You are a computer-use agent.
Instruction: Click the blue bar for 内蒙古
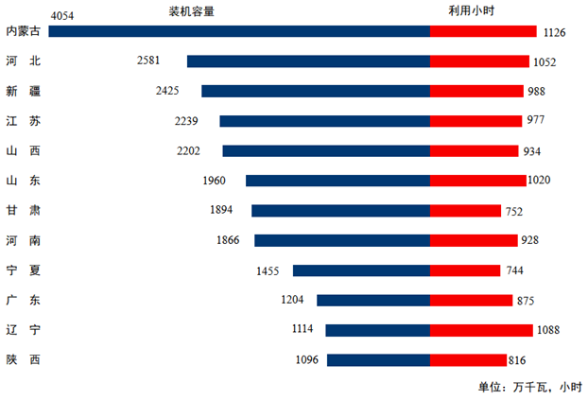pyautogui.click(x=239, y=31)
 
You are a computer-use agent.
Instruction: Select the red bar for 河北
pyautogui.click(x=479, y=61)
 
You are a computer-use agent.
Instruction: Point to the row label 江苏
pyautogui.click(x=23, y=121)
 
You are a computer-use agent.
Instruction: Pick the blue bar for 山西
pyautogui.click(x=326, y=150)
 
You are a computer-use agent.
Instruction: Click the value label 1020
pyautogui.click(x=539, y=180)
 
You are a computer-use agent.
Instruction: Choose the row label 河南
pyautogui.click(x=23, y=240)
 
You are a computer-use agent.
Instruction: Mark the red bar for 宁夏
pyautogui.click(x=465, y=270)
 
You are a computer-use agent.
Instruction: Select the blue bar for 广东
pyautogui.click(x=373, y=300)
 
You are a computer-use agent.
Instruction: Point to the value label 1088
pyautogui.click(x=547, y=330)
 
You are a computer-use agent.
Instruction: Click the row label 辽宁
pyautogui.click(x=23, y=330)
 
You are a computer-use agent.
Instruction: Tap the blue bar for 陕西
pyautogui.click(x=378, y=360)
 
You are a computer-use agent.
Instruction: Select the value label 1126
pyautogui.click(x=554, y=32)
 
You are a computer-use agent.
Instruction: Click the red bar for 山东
pyautogui.click(x=477, y=180)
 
